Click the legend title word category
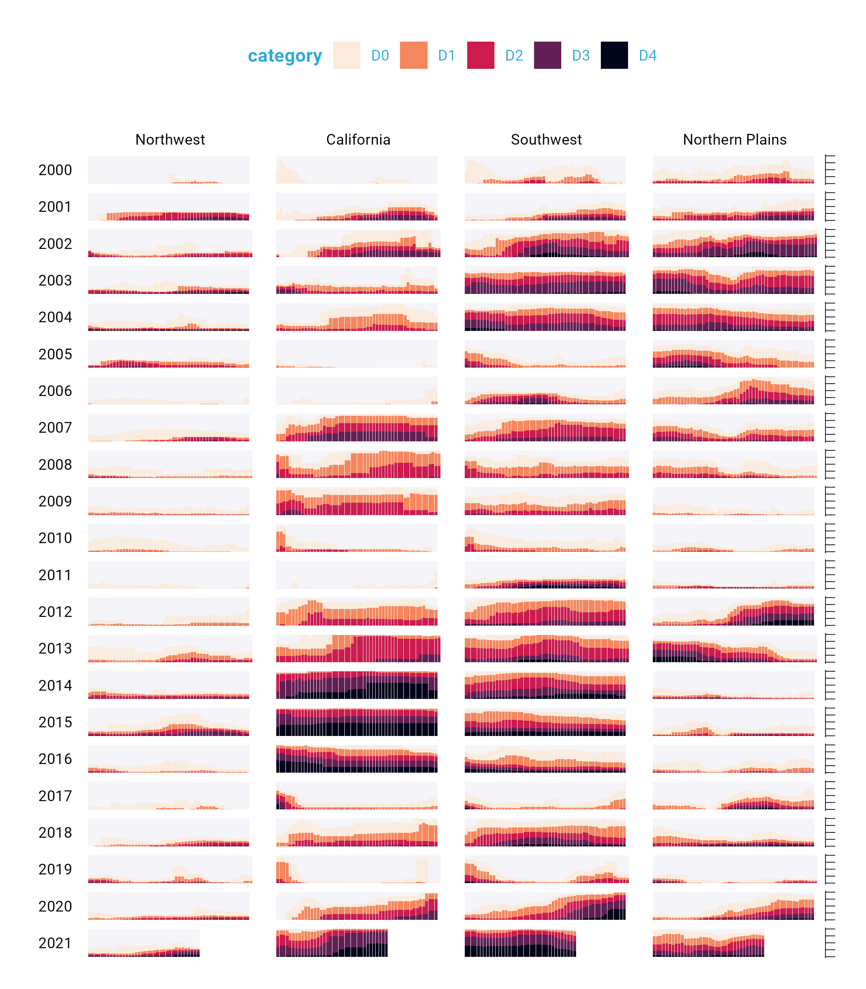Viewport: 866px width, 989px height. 285,56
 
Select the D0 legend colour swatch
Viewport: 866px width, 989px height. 346,55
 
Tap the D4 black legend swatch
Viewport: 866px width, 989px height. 614,55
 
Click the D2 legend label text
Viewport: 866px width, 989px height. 514,56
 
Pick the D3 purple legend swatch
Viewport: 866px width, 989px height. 547,55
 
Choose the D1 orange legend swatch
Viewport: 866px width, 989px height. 413,55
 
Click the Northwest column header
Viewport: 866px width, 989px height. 170,140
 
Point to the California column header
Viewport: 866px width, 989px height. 358,140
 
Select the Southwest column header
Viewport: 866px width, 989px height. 546,140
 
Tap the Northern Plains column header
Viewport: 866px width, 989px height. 734,140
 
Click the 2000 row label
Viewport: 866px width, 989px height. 55,170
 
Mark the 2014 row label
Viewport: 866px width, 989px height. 55,685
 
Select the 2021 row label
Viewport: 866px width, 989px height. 55,943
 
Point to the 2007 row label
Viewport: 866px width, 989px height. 55,427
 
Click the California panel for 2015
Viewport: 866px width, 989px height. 357,722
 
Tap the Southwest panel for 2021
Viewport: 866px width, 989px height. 520,943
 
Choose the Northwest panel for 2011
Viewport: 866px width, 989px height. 169,575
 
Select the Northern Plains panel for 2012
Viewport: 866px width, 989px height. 733,612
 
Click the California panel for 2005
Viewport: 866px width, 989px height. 357,354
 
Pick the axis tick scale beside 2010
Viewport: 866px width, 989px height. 830,538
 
